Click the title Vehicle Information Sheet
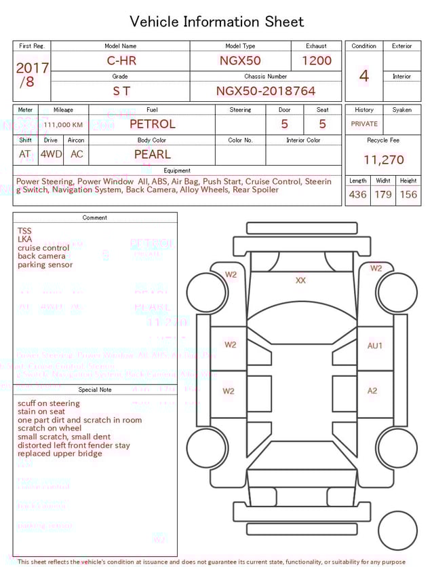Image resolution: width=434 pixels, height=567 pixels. click(x=216, y=22)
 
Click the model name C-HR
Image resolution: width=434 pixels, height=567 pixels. click(x=121, y=60)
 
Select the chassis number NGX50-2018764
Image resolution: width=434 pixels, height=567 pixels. click(x=266, y=91)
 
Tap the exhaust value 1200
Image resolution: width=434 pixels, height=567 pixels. click(x=316, y=60)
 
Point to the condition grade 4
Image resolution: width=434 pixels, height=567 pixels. click(x=364, y=76)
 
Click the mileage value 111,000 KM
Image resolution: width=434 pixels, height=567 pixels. click(x=63, y=125)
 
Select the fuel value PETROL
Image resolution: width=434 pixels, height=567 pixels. click(x=152, y=124)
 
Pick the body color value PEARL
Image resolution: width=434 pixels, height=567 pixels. click(x=152, y=154)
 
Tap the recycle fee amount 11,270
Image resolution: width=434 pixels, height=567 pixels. click(x=383, y=160)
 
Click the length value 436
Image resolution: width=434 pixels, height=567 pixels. click(x=357, y=195)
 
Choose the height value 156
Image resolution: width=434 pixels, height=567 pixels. click(x=408, y=195)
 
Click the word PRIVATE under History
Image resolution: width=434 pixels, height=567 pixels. click(x=364, y=124)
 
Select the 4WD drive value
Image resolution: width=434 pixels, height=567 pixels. click(x=51, y=154)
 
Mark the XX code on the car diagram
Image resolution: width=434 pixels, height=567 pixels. click(x=300, y=280)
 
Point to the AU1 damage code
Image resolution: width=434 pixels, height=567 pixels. click(x=375, y=346)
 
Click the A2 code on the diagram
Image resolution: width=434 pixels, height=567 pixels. click(x=372, y=390)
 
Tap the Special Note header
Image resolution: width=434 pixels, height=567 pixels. click(x=95, y=390)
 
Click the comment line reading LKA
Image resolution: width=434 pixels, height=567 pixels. click(x=24, y=240)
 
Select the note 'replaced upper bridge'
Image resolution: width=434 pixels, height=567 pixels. click(x=60, y=454)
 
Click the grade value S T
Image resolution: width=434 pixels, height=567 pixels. click(x=121, y=91)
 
